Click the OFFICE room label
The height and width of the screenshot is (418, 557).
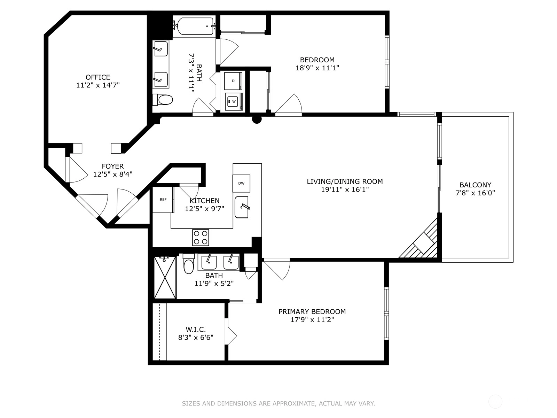click(98, 77)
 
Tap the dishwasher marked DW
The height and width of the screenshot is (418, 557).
click(241, 183)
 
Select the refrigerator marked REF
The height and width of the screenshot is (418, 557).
click(163, 200)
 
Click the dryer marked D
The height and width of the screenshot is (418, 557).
click(233, 81)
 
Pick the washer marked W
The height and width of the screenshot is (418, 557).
click(234, 101)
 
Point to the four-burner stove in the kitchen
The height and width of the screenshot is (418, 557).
click(201, 238)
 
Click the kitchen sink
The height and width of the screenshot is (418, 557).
click(242, 207)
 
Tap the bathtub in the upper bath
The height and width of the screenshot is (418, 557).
click(195, 26)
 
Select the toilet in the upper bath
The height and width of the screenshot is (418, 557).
click(163, 100)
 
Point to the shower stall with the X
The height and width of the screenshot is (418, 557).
click(165, 277)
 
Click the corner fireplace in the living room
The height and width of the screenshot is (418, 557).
click(421, 240)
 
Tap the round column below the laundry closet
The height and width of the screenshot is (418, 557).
click(257, 119)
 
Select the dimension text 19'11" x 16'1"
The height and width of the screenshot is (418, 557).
click(345, 189)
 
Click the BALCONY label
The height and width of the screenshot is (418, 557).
click(475, 185)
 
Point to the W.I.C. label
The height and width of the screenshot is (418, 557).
click(196, 330)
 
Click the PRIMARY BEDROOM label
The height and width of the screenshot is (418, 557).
click(312, 311)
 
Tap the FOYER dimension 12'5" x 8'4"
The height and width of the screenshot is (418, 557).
click(113, 175)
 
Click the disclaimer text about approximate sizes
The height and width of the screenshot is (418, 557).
click(278, 403)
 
